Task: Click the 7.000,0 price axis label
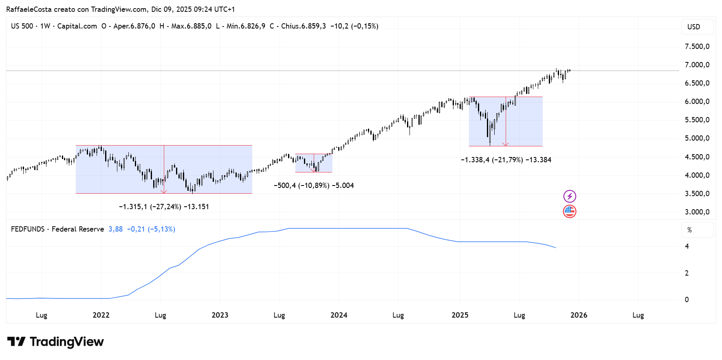[697, 65]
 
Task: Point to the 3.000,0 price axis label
[697, 212]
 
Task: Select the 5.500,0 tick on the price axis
[697, 120]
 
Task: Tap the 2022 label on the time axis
[101, 315]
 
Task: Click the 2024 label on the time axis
[339, 315]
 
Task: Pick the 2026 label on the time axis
[579, 315]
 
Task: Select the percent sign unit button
[689, 230]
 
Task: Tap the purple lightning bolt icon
[570, 197]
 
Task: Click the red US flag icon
[570, 212]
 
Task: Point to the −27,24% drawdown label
[164, 207]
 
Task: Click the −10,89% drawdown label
[314, 186]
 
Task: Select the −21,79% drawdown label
[506, 160]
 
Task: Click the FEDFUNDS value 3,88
[115, 229]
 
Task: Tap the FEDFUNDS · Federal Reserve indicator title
[57, 229]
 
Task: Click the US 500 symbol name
[22, 26]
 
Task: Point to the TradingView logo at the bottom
[55, 342]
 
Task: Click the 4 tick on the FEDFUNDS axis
[687, 246]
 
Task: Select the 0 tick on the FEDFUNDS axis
[687, 300]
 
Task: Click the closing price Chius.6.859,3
[303, 26]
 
